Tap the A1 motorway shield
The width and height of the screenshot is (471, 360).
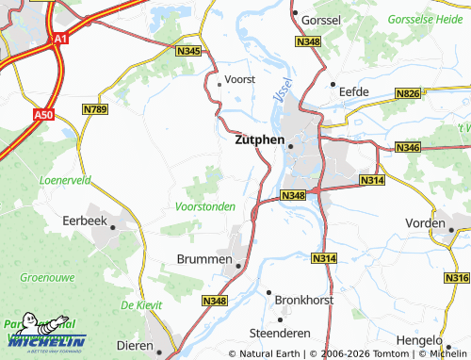(x=60, y=39)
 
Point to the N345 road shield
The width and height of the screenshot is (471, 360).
(x=188, y=51)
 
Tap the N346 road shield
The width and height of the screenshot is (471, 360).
(x=408, y=148)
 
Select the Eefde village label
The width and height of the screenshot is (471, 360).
(x=353, y=91)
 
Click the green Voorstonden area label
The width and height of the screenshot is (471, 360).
(x=205, y=205)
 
